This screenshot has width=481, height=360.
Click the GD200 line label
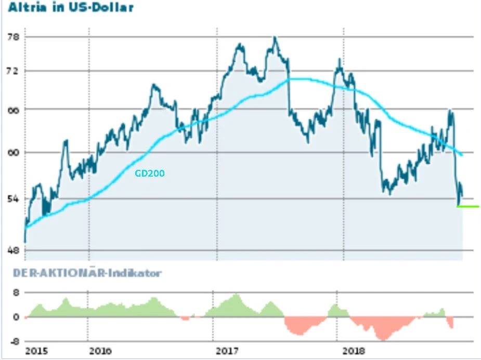150,174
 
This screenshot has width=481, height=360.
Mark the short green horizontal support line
468,207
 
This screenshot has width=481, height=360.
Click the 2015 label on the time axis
36,351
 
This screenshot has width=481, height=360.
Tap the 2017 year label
227,351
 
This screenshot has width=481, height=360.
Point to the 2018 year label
354,351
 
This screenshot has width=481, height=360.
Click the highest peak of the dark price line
275,38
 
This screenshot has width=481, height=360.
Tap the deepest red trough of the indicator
384,340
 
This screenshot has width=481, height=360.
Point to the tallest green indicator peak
237,295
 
